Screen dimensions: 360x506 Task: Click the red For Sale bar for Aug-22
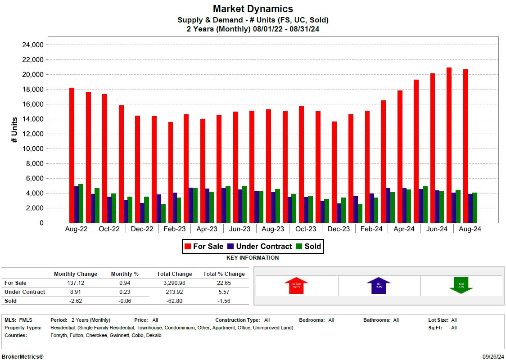(x=72, y=155)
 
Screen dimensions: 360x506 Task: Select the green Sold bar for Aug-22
(x=81, y=203)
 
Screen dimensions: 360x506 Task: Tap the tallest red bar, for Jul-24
(x=449, y=145)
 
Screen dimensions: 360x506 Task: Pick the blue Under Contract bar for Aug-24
(x=470, y=208)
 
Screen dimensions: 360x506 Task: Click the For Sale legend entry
(x=204, y=246)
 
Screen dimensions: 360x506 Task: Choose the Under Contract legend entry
(x=260, y=246)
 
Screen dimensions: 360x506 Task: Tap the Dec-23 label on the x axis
(x=339, y=229)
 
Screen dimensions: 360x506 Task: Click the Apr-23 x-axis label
(x=207, y=229)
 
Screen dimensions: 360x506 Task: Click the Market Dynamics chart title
(x=253, y=9)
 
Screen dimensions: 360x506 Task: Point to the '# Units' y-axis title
(x=14, y=130)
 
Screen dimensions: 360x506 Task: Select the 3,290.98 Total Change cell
(x=174, y=283)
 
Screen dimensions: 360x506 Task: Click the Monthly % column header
(x=125, y=274)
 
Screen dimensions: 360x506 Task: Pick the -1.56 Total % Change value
(x=224, y=301)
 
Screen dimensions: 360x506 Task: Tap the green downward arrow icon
(x=461, y=285)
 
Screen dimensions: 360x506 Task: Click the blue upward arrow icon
(x=378, y=285)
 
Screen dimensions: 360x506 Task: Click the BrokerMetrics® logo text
(x=23, y=356)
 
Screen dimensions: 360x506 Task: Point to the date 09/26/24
(x=492, y=356)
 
